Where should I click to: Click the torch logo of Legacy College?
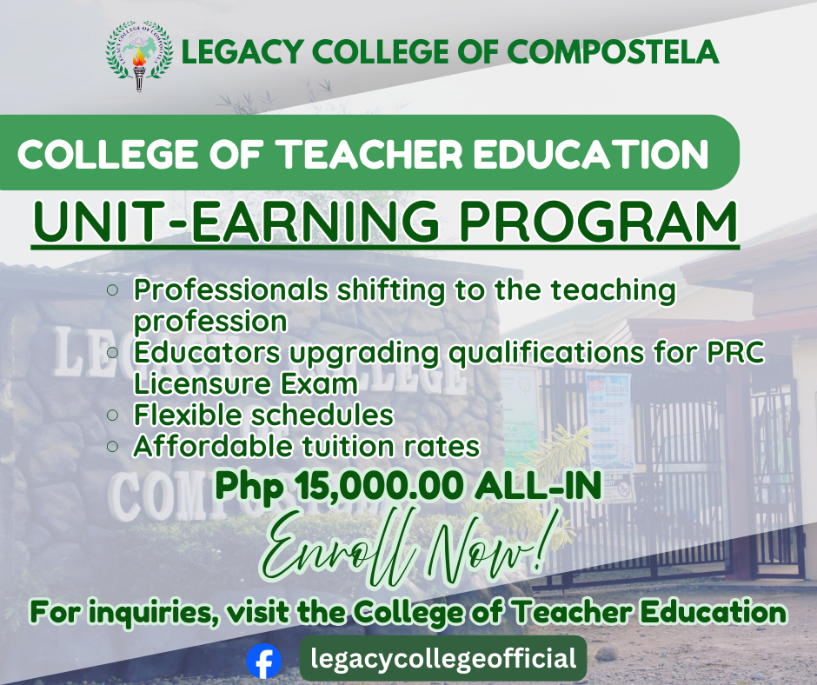(x=138, y=57)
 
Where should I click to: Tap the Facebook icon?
(x=264, y=661)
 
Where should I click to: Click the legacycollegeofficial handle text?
(x=443, y=658)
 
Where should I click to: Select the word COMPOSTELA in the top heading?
(x=613, y=52)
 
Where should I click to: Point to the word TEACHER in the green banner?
(x=369, y=155)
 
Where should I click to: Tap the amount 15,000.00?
(x=379, y=486)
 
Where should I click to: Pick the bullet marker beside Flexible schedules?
(x=112, y=415)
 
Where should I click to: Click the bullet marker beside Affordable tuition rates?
(x=112, y=446)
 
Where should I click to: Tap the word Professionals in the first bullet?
(x=231, y=289)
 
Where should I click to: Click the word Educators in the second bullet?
(x=208, y=352)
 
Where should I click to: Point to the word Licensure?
(x=203, y=383)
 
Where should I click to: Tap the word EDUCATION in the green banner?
(x=591, y=155)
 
